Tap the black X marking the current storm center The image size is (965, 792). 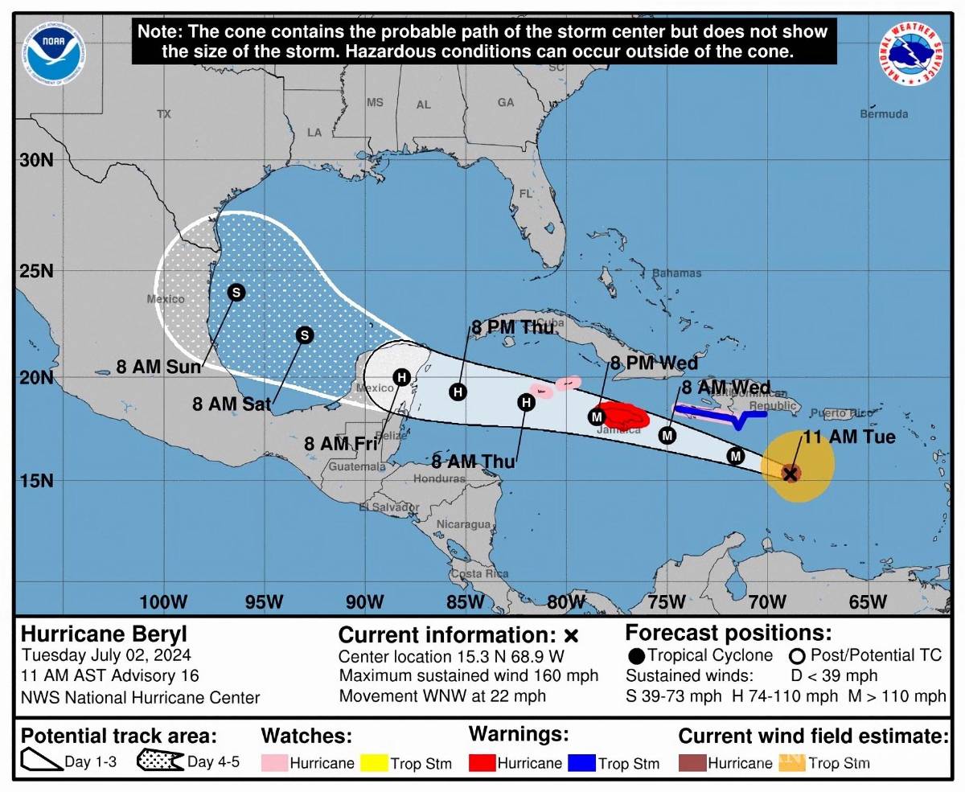tap(790, 474)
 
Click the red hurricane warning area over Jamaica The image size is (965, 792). tap(624, 416)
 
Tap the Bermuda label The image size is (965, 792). tap(884, 114)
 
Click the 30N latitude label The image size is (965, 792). tap(36, 159)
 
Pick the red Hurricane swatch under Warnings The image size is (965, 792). tap(482, 763)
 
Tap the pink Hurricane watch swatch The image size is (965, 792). tap(274, 763)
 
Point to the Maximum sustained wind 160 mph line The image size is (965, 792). tap(468, 676)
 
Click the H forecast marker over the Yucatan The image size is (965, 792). tap(401, 376)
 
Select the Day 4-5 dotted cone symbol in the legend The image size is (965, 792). tap(160, 761)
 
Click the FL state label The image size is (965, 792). tap(526, 194)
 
